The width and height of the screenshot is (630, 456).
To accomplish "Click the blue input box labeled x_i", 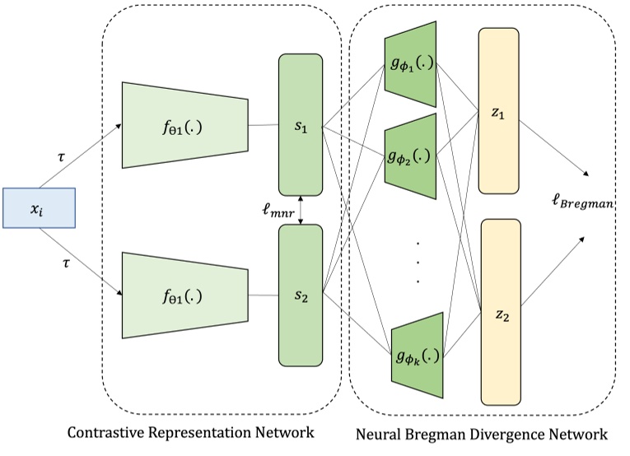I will click(40, 208).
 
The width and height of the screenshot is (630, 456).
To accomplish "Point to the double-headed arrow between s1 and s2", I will click(303, 209).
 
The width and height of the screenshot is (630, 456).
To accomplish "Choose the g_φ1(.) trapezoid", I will click(410, 63).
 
